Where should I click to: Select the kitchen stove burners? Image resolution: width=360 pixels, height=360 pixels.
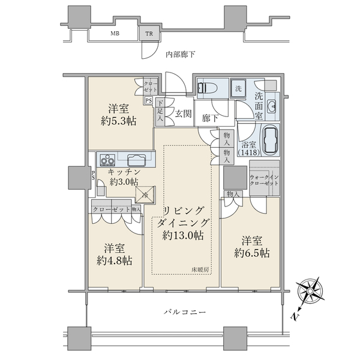(x=108, y=160)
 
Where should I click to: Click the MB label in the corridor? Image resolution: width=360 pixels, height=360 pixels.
(x=114, y=34)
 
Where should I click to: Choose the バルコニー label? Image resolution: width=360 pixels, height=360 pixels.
(x=185, y=313)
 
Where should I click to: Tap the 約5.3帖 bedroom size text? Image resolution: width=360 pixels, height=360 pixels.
(x=119, y=121)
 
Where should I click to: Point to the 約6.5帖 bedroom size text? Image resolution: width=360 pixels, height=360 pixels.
(x=252, y=253)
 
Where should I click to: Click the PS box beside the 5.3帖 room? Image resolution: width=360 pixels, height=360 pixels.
(x=148, y=100)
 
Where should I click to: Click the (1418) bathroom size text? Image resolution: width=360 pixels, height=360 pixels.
(x=250, y=154)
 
